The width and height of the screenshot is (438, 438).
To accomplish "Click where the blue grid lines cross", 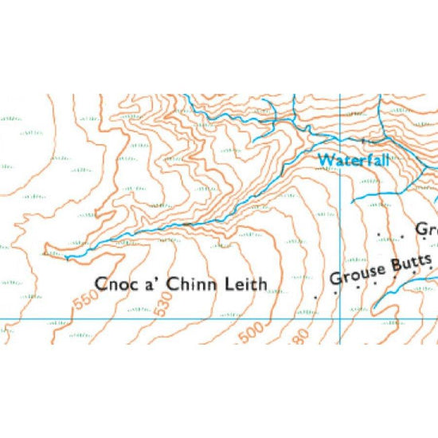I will (x=340, y=319).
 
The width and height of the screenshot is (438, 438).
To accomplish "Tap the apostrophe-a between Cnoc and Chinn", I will (x=143, y=283).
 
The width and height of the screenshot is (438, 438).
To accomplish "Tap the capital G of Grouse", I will (x=334, y=280).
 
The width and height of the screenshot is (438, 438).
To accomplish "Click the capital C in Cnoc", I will (x=101, y=284).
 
